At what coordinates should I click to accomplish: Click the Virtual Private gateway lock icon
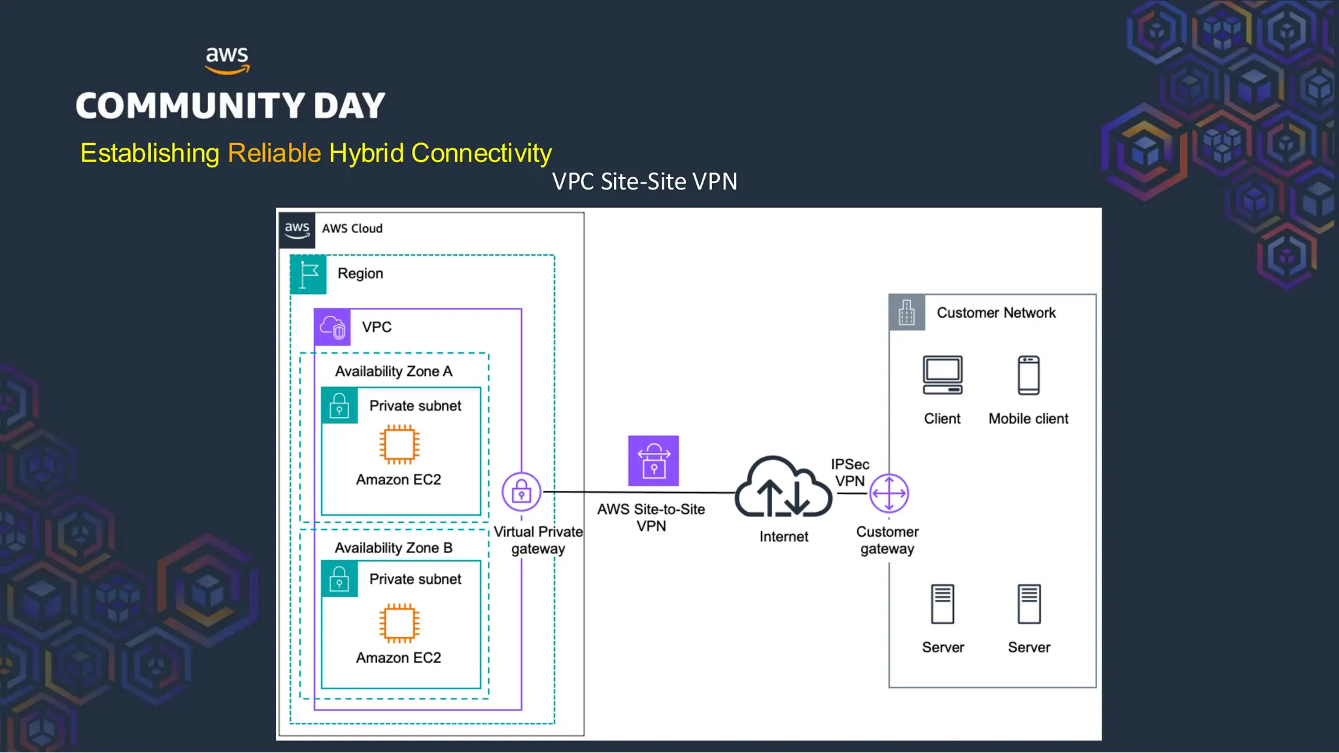pos(521,492)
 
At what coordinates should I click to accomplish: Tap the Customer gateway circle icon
pos(889,493)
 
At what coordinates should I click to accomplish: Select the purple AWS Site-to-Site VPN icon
pos(653,461)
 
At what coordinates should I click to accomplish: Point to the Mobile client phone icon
pos(1028,375)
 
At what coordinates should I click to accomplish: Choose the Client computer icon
pos(942,375)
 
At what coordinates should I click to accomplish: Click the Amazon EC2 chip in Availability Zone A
pos(399,444)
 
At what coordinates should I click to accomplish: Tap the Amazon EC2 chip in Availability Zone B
pos(399,622)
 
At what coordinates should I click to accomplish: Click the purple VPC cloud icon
pos(333,327)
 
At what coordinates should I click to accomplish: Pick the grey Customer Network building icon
pos(907,312)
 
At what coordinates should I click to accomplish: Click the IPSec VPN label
pos(850,473)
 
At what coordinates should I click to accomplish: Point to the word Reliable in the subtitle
pos(274,153)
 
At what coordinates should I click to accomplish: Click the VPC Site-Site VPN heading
pos(645,181)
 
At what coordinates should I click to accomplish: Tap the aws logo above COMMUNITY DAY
pos(227,59)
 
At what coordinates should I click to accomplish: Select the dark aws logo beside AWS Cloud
pos(297,229)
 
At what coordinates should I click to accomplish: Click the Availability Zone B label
pos(394,548)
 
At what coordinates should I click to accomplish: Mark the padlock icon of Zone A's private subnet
pos(339,406)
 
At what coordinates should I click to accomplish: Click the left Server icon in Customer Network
pos(942,604)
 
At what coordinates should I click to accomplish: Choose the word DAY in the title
pos(349,106)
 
